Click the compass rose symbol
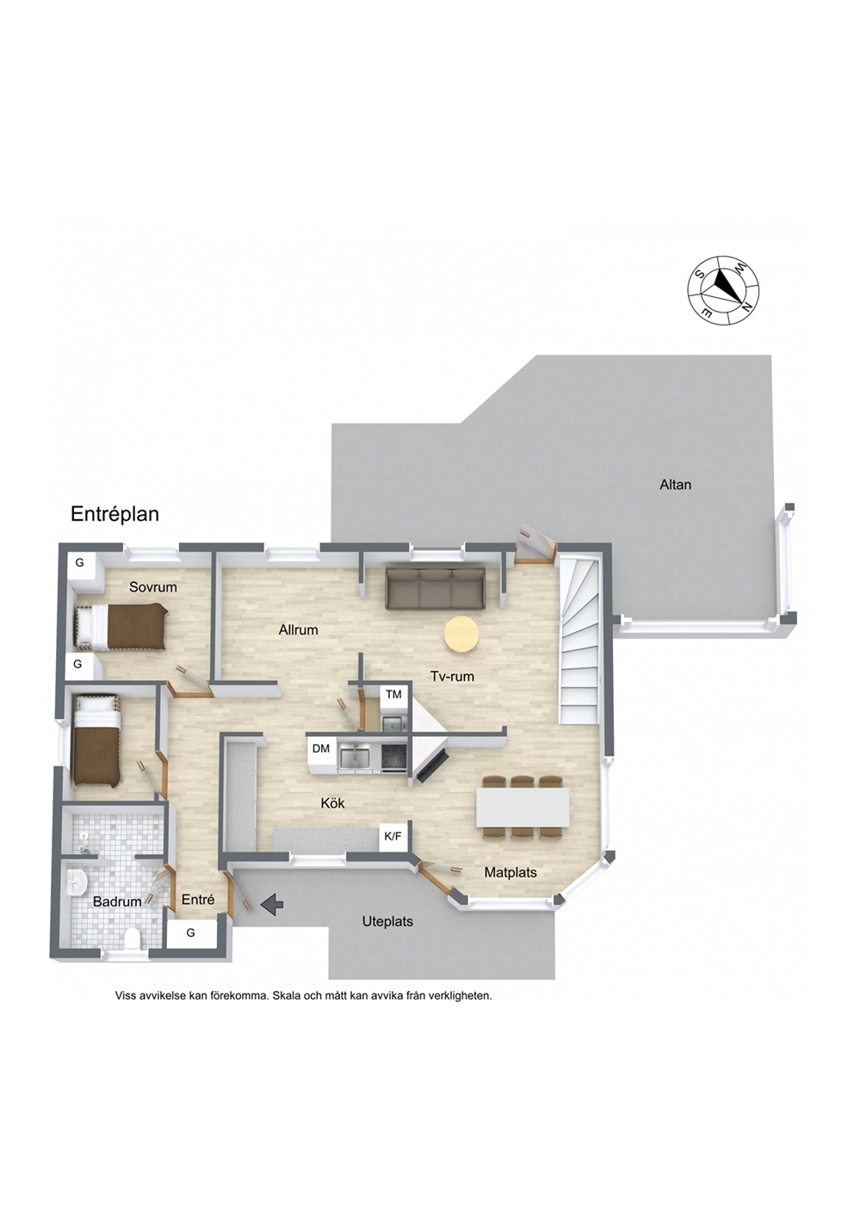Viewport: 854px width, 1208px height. pyautogui.click(x=724, y=291)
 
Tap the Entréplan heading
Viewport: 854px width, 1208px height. pyautogui.click(x=114, y=514)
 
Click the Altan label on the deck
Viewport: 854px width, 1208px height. pyautogui.click(x=675, y=485)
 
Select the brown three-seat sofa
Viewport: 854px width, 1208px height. pyautogui.click(x=435, y=590)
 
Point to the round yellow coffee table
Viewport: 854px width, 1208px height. pyautogui.click(x=461, y=635)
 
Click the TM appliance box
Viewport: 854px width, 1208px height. pyautogui.click(x=393, y=695)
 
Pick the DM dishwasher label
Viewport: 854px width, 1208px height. pyautogui.click(x=321, y=748)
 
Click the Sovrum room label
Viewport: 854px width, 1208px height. pyautogui.click(x=153, y=587)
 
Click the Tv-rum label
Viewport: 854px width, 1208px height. pyautogui.click(x=452, y=676)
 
